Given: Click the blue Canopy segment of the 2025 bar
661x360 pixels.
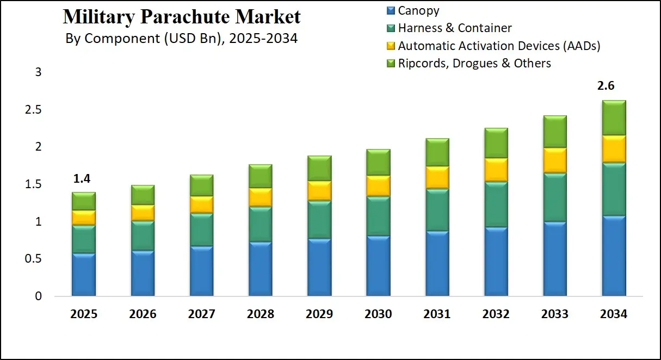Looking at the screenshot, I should coord(83,275).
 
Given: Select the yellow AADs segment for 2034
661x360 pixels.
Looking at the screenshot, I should coord(613,148).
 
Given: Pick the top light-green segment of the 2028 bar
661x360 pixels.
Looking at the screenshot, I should coord(260,176).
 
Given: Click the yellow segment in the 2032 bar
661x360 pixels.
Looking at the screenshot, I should coord(496,170).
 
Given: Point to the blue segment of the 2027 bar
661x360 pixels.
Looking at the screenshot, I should coord(201,271).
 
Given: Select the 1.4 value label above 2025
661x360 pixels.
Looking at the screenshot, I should coord(82,178).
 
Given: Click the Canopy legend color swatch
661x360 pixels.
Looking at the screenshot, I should coord(391,10).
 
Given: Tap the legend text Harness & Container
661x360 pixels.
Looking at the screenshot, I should coord(455,28).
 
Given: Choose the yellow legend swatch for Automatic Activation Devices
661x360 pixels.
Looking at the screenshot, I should coord(391,46).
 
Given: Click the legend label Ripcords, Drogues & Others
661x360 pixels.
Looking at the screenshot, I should coord(474,64).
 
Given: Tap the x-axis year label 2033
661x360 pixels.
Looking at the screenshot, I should coord(554,314).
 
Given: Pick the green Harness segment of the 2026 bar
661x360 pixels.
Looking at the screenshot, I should coord(143,235).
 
